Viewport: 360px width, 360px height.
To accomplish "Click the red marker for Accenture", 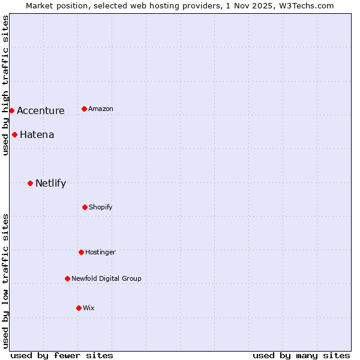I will tap(11, 110).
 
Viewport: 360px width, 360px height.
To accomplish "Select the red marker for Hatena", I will tap(14, 134).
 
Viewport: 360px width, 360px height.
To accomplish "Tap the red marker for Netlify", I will tap(30, 183).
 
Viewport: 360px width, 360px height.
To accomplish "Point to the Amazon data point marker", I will tap(84, 109).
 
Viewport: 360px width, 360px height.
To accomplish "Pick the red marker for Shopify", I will tap(85, 207).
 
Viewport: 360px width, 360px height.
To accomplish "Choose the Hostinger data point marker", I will tap(81, 252).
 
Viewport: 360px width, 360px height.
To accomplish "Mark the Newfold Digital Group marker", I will tap(67, 278).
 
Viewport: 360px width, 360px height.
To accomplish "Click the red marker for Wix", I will tap(79, 308).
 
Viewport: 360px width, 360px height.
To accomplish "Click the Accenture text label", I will tap(40, 110).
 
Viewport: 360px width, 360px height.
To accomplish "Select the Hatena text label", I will tap(37, 134).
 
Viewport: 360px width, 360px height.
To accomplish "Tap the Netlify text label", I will tap(50, 183).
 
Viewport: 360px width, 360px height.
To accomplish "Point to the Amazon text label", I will tap(100, 109).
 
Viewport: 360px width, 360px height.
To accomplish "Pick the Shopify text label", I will tap(100, 207).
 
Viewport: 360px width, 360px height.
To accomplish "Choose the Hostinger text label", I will tap(100, 252).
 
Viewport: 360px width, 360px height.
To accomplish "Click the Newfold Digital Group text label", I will tap(106, 278).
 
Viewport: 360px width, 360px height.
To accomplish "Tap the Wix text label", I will tap(88, 308).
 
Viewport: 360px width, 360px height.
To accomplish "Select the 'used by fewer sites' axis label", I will tap(62, 355).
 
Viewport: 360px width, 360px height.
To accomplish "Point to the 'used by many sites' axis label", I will tap(301, 355).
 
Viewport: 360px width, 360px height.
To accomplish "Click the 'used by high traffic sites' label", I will tap(5, 85).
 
